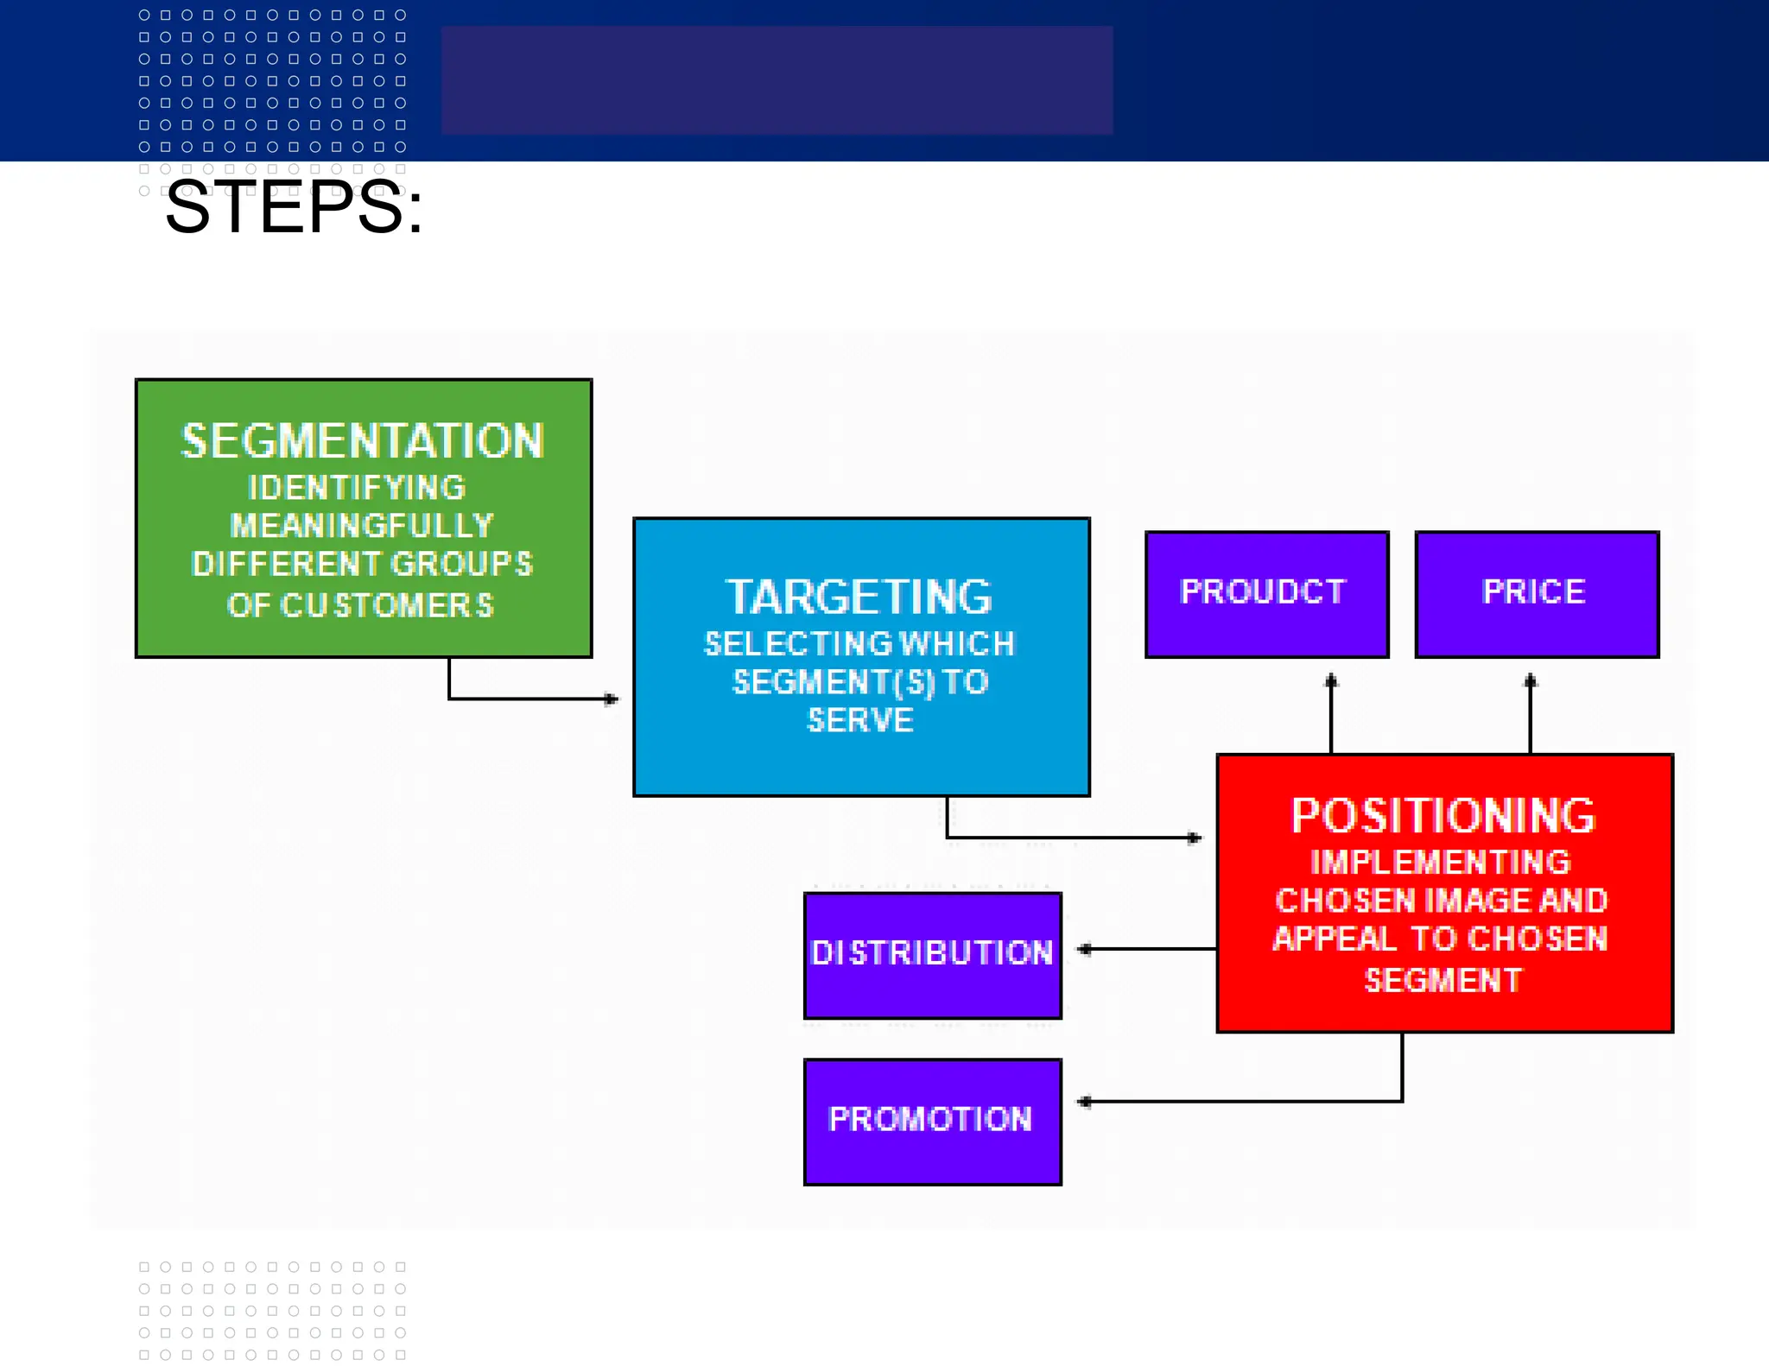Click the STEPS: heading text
[294, 208]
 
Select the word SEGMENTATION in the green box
[363, 441]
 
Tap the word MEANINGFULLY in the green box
[362, 525]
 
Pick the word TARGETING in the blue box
[859, 597]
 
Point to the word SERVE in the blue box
[860, 720]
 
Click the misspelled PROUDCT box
[1266, 593]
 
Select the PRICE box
[1537, 593]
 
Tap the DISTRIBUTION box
[932, 954]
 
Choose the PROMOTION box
[932, 1121]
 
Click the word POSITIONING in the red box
[1443, 815]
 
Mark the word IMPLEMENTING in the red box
[1441, 862]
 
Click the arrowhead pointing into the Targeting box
[612, 699]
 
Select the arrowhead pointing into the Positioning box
[1195, 838]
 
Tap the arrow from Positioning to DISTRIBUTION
[1149, 949]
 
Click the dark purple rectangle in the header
[777, 79]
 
